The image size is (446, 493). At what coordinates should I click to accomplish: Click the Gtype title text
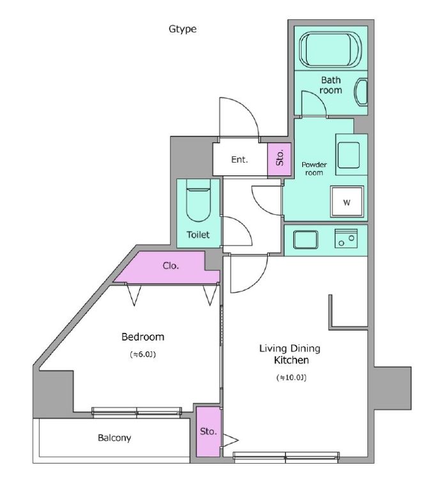point(183,29)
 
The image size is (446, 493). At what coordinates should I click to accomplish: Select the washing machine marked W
point(347,202)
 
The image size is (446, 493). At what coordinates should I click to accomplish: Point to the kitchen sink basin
point(305,240)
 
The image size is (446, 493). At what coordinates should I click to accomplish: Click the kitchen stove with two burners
point(346,239)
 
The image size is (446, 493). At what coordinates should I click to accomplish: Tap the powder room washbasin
point(349,156)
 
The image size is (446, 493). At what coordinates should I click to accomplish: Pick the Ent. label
point(240,159)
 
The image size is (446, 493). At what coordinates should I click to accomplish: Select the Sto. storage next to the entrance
point(279,159)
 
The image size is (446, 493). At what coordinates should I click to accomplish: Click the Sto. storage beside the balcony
point(208,432)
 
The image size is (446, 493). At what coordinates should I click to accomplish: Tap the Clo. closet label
point(171,266)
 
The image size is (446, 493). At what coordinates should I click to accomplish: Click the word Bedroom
point(142,337)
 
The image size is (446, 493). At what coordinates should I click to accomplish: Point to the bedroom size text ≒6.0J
point(143,355)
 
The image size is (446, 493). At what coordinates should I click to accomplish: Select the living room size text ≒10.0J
point(291,378)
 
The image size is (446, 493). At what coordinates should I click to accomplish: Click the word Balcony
point(114,438)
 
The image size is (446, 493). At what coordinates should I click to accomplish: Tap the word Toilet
point(198,235)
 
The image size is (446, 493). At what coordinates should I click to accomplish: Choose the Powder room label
point(314,168)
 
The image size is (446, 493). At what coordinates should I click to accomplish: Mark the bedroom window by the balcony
point(137,412)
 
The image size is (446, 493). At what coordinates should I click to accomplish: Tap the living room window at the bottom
point(286,457)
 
